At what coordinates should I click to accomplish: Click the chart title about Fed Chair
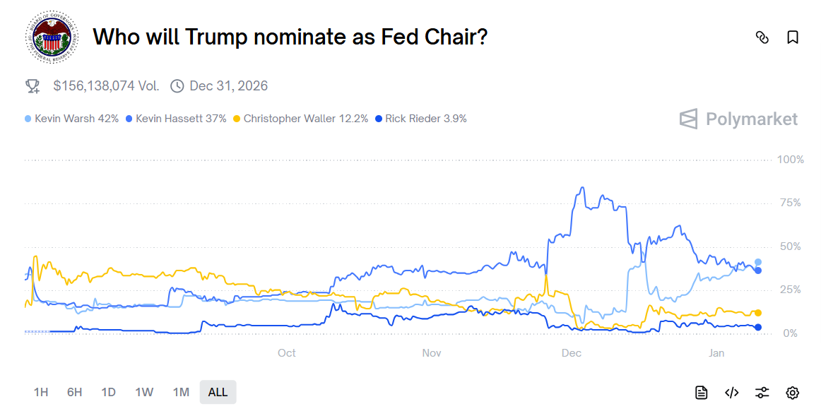(290, 37)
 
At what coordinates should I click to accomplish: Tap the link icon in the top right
(762, 37)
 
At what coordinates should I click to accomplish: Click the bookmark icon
(793, 37)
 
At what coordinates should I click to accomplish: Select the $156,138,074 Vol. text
(106, 86)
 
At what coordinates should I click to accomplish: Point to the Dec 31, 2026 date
(228, 86)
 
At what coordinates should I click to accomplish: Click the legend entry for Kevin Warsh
(72, 119)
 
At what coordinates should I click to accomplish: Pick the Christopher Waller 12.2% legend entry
(301, 119)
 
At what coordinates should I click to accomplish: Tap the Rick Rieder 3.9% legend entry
(422, 119)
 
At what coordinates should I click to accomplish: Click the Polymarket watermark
(739, 119)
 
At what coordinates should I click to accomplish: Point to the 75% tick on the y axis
(791, 203)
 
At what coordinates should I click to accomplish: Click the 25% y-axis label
(791, 290)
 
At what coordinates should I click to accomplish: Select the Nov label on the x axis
(432, 353)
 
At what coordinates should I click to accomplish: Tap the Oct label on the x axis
(286, 353)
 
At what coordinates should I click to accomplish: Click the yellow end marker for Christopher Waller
(758, 313)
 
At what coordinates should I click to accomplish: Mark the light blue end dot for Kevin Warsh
(758, 262)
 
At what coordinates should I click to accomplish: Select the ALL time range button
(218, 392)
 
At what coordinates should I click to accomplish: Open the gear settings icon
(793, 393)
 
